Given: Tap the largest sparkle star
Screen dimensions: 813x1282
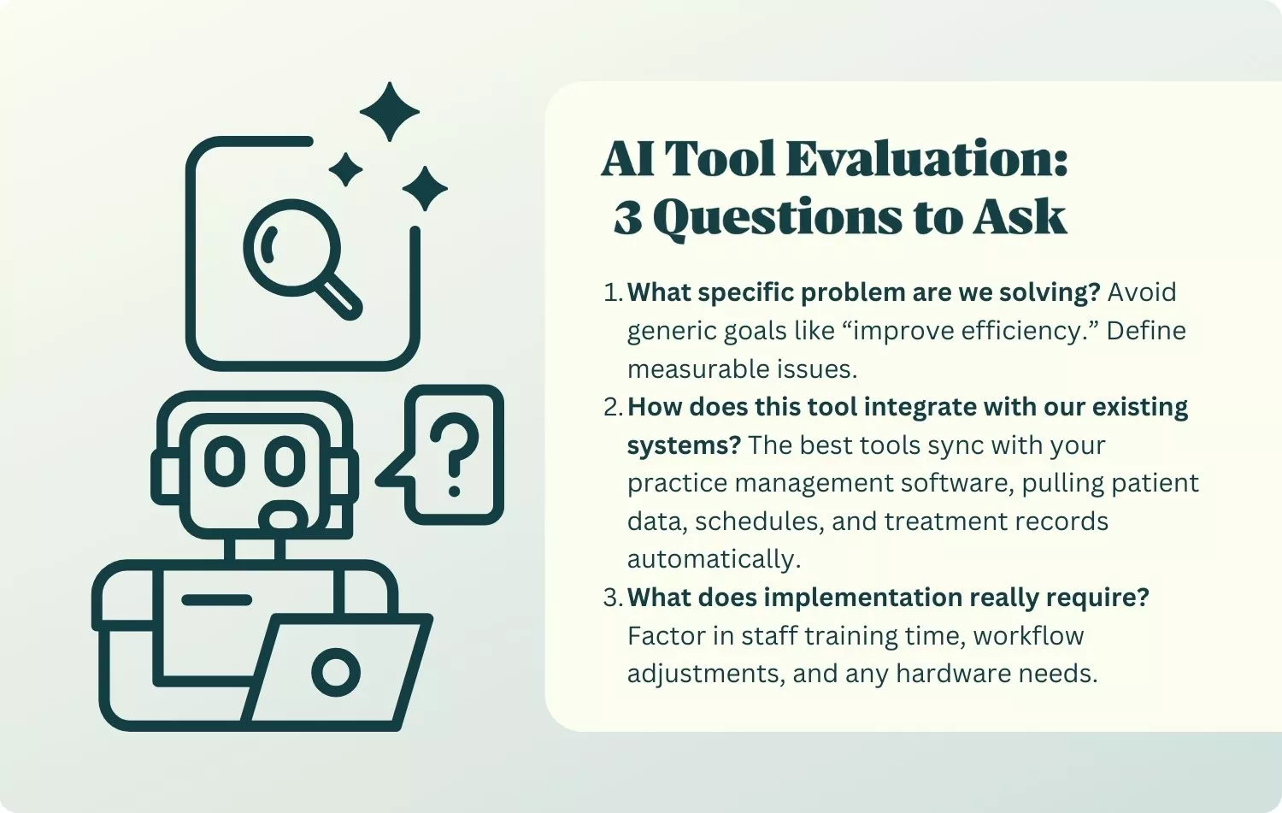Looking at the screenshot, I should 390,111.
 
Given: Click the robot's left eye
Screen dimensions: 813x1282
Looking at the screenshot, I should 226,460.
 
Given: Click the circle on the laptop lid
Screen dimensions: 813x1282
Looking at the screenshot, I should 336,672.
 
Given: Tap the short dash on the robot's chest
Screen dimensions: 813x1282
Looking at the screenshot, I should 217,600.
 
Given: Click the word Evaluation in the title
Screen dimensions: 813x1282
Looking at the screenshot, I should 926,160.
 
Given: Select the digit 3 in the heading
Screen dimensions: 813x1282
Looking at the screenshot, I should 628,218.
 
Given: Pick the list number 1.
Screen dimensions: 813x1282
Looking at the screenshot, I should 612,292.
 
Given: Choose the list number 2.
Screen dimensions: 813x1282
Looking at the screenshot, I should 612,407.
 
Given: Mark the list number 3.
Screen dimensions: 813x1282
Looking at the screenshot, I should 612,598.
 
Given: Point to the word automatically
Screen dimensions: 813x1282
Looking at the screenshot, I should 714,559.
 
